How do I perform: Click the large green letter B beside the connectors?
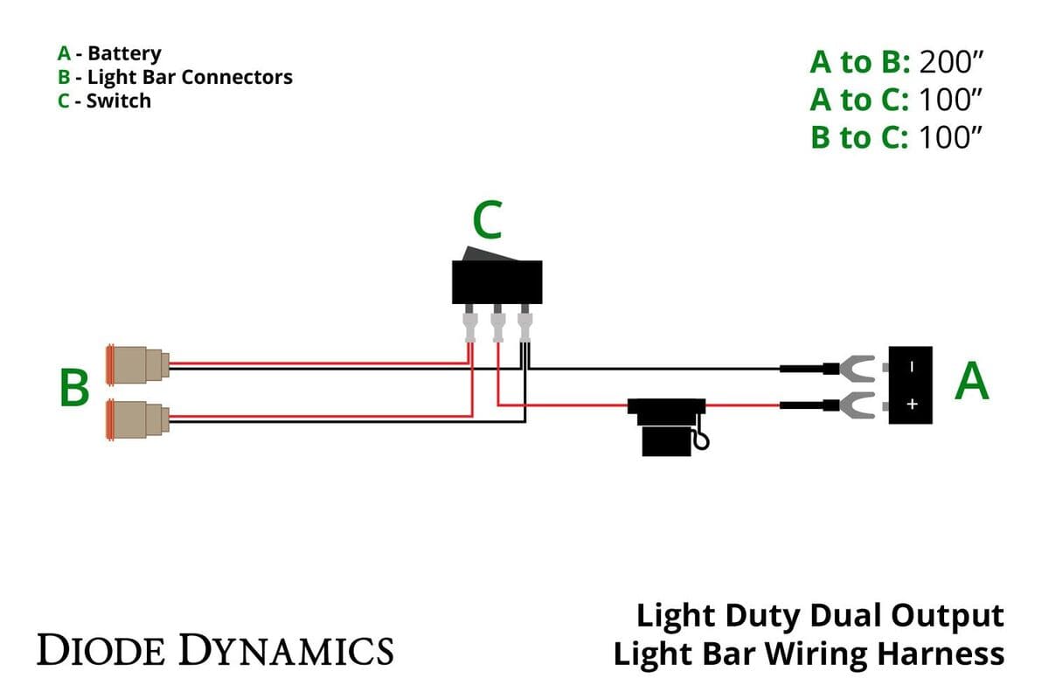(74, 389)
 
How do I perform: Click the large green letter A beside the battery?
(972, 381)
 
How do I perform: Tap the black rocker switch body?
(497, 281)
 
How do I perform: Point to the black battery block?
(911, 385)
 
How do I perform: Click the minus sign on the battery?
(911, 368)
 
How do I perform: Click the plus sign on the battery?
(911, 405)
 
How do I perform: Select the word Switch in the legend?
(118, 100)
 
